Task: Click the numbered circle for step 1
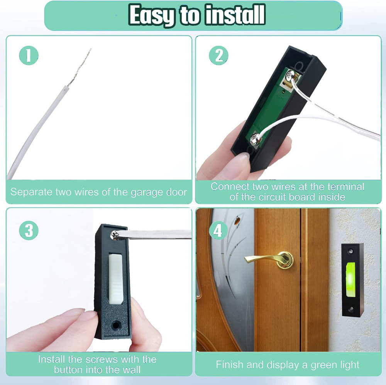[29, 56]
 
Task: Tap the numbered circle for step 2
[218, 56]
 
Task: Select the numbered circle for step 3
[29, 230]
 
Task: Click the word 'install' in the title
[235, 15]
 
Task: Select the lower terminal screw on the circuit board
[255, 138]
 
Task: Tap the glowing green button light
[350, 279]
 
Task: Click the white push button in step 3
[115, 279]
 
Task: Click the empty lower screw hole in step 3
[116, 326]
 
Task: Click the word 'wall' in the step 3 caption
[132, 370]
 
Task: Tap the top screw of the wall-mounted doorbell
[351, 251]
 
